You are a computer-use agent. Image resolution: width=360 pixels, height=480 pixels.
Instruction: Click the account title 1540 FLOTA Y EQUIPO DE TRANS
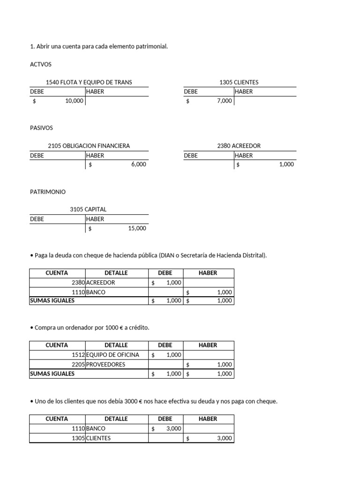(x=89, y=82)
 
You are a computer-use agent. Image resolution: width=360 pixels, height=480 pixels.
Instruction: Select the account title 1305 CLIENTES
(x=239, y=82)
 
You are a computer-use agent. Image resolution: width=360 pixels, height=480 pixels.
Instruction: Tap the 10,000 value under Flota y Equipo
(x=74, y=101)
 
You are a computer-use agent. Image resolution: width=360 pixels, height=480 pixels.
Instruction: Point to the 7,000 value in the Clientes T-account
(x=224, y=101)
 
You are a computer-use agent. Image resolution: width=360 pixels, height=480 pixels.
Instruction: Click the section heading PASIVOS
(x=41, y=128)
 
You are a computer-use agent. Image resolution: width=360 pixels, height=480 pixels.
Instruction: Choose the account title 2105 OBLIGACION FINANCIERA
(x=89, y=146)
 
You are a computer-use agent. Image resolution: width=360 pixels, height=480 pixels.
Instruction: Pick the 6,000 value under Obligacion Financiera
(x=138, y=165)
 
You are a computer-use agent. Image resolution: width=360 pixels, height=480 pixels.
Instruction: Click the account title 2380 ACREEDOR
(x=239, y=146)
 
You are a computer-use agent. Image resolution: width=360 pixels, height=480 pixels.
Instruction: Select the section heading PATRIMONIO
(x=48, y=192)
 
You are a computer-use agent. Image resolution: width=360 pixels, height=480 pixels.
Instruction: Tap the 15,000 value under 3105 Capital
(x=137, y=228)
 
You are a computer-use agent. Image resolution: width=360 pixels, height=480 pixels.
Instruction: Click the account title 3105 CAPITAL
(x=88, y=210)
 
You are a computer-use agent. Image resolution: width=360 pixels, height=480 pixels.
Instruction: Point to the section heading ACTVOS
(x=41, y=64)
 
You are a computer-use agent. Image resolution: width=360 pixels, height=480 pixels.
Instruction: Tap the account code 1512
(x=78, y=355)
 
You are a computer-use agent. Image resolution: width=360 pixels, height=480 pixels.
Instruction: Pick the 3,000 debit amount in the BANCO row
(x=173, y=428)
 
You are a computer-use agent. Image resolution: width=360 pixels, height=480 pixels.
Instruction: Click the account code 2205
(x=78, y=364)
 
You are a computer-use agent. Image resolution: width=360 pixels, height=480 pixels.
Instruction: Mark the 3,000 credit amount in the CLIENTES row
(x=224, y=438)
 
